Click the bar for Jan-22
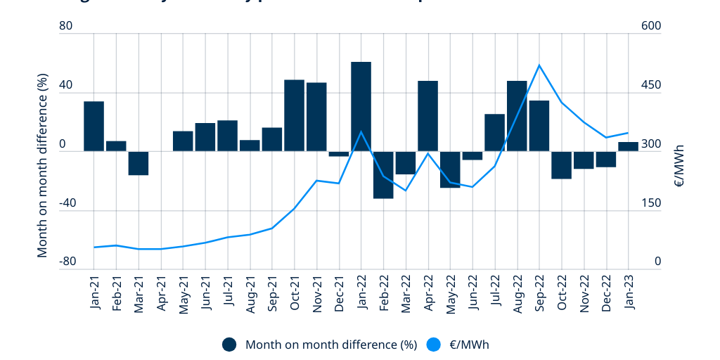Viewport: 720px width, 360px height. pyautogui.click(x=361, y=106)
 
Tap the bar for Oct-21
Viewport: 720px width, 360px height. pyautogui.click(x=294, y=115)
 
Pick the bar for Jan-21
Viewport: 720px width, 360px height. pyautogui.click(x=94, y=126)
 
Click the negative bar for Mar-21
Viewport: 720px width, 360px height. pyautogui.click(x=139, y=163)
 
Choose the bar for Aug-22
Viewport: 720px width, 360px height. pyautogui.click(x=517, y=116)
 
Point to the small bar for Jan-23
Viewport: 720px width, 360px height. pyautogui.click(x=628, y=146)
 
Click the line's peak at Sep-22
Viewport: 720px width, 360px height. pyautogui.click(x=539, y=65)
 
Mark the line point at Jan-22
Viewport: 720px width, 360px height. pyautogui.click(x=361, y=131)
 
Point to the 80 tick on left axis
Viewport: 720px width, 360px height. pyautogui.click(x=67, y=26)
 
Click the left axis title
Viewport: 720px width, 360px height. pyautogui.click(x=43, y=165)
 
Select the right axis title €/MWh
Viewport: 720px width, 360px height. pyautogui.click(x=679, y=166)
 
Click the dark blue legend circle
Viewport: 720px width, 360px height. pyautogui.click(x=229, y=345)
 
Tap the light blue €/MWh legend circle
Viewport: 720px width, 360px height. pyautogui.click(x=435, y=345)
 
